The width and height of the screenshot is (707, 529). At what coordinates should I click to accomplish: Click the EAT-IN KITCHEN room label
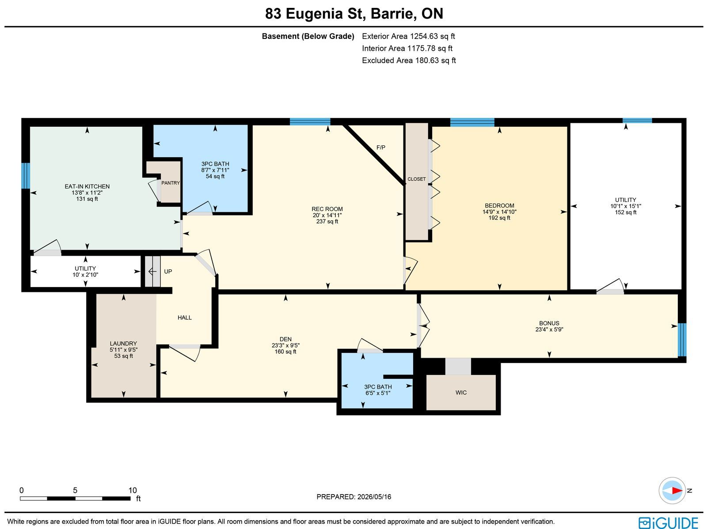point(87,186)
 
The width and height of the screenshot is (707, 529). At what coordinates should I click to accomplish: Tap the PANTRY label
point(171,183)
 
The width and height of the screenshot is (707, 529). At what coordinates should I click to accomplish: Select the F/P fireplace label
point(381,147)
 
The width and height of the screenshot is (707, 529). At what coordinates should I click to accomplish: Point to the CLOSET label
point(417,179)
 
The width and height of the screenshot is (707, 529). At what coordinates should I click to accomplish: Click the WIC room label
point(461,393)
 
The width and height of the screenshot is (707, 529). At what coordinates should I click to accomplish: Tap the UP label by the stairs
point(168,272)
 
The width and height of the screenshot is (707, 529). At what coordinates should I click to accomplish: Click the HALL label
point(185,317)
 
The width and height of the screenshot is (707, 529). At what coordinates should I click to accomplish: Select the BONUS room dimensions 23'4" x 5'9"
point(549,329)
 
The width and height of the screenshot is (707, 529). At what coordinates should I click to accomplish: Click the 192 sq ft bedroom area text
point(499,218)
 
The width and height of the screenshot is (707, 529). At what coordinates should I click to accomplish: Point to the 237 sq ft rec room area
point(327,221)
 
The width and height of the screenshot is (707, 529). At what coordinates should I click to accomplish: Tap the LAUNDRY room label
point(123,344)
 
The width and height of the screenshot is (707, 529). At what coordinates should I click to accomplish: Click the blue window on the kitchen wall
point(26,176)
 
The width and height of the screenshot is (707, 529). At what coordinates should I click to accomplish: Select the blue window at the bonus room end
point(682,340)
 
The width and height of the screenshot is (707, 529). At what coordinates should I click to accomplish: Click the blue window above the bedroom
point(472,122)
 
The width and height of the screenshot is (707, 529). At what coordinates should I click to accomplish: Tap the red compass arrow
point(677,491)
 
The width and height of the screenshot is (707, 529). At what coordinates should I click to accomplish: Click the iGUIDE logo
point(669,522)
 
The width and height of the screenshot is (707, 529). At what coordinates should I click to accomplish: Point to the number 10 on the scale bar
point(133,491)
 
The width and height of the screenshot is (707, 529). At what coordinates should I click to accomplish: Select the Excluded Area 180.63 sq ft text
point(409,60)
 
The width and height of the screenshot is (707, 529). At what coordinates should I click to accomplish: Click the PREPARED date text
point(353,497)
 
